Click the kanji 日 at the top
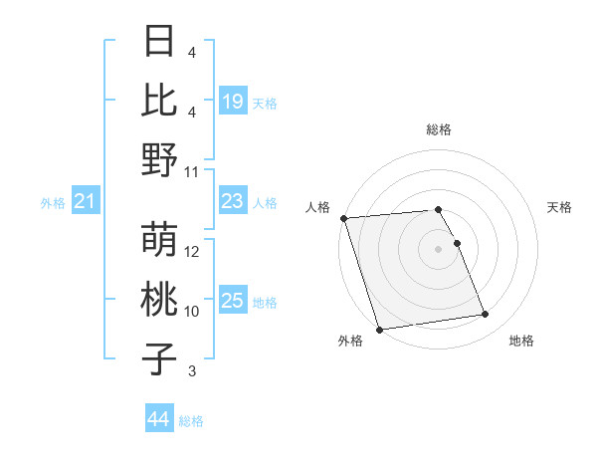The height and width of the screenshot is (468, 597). (160, 42)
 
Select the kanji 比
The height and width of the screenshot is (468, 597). (160, 101)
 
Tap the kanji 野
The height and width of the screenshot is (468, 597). (160, 159)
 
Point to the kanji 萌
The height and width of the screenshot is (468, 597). (160, 240)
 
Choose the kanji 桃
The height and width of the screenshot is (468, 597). (160, 299)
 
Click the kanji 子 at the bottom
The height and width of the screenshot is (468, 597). (160, 358)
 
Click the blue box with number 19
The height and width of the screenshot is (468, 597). (233, 101)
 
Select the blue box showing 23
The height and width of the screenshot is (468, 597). (233, 201)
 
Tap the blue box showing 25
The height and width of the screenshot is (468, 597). (233, 300)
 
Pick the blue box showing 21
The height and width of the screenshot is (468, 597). (86, 202)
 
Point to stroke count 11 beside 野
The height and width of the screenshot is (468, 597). (193, 172)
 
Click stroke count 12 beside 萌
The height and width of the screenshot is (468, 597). (193, 252)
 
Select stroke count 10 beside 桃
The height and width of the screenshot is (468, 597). (193, 312)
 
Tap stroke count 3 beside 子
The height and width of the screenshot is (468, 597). (192, 371)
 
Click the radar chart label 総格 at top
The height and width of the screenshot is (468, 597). (438, 129)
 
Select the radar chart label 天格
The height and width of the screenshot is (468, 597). (559, 207)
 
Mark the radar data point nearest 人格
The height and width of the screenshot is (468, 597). (343, 218)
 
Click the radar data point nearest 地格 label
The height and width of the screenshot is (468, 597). (486, 315)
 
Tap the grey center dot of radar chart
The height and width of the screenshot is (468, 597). (438, 249)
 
